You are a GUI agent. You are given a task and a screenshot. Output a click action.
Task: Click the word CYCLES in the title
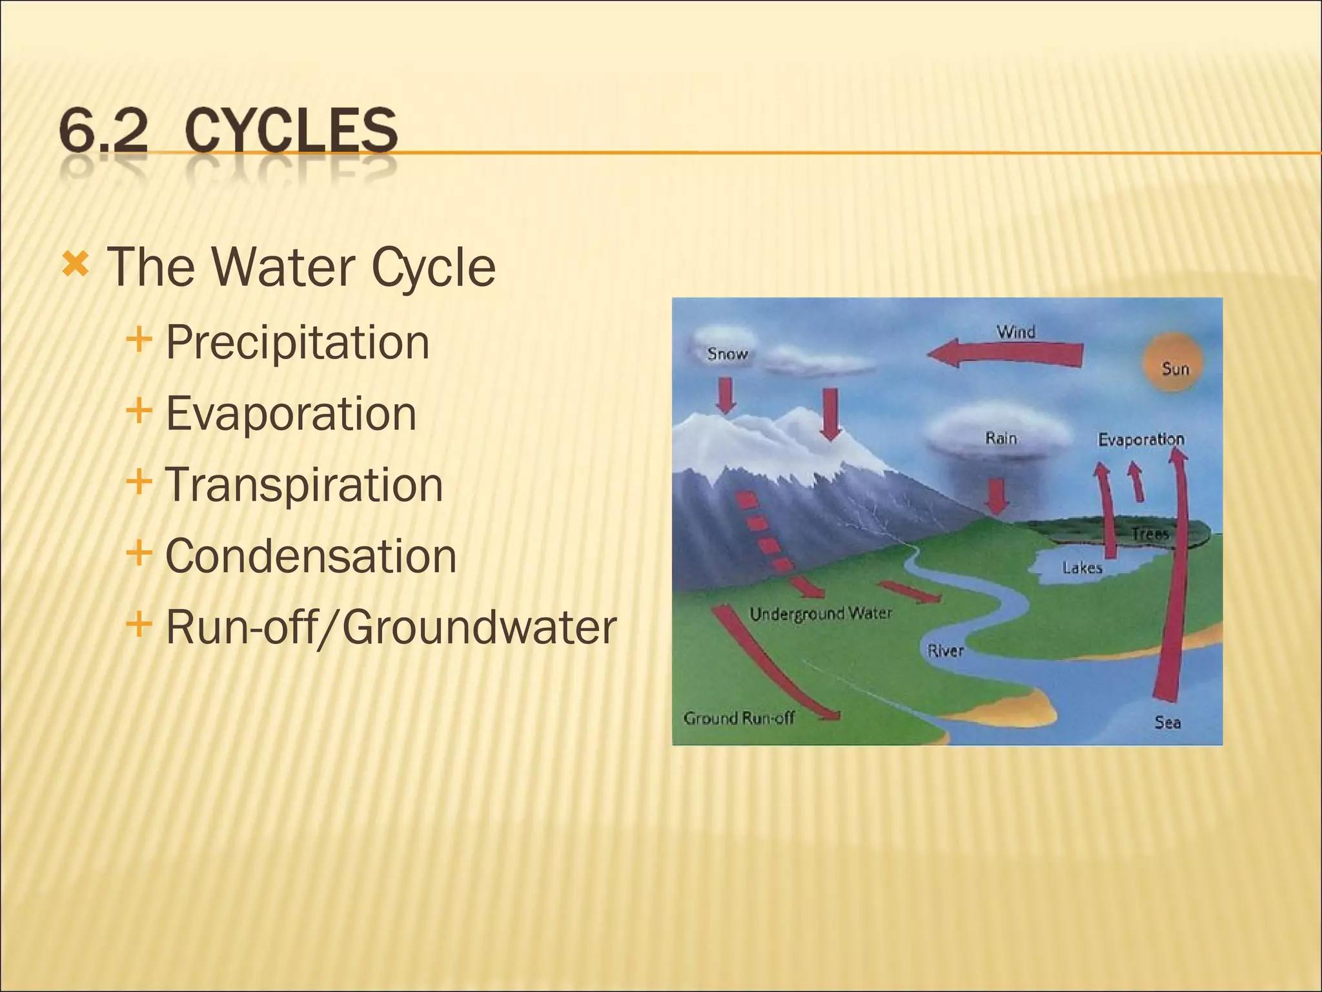click(291, 131)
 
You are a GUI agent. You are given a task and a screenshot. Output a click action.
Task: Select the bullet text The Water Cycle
click(301, 267)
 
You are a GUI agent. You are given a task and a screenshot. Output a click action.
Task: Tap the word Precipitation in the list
click(297, 342)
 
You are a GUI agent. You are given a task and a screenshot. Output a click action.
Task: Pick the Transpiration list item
click(304, 484)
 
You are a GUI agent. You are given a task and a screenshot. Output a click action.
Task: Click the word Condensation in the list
click(310, 556)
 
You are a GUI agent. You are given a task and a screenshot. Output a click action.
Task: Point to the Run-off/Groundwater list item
click(391, 627)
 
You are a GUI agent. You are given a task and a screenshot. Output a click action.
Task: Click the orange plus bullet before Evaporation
click(139, 410)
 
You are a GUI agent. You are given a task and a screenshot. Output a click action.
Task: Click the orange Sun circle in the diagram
click(1174, 362)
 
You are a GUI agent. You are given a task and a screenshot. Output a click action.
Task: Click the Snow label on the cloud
click(727, 354)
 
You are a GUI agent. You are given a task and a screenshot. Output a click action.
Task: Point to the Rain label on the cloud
click(1001, 439)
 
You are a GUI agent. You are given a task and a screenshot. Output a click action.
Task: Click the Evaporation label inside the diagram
click(1141, 440)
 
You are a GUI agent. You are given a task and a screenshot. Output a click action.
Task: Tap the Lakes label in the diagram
click(1082, 568)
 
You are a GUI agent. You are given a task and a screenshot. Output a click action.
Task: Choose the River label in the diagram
click(945, 650)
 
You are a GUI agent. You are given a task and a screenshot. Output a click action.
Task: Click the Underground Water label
click(820, 614)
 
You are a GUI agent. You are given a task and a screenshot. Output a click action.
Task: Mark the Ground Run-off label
click(738, 718)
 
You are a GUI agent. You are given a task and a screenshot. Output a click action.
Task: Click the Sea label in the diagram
click(1167, 722)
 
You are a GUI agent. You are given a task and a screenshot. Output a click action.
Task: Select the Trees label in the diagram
click(1150, 534)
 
